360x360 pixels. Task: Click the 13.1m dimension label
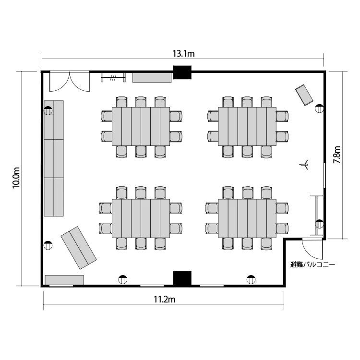[x=183, y=54]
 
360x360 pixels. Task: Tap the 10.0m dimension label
[x=16, y=178]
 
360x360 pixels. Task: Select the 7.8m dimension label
[x=336, y=155]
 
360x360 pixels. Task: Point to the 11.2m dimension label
[x=164, y=300]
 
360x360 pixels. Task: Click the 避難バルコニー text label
[x=312, y=264]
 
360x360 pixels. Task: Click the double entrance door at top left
[x=70, y=82]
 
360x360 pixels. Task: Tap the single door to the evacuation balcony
[x=312, y=249]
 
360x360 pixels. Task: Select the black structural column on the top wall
[x=182, y=72]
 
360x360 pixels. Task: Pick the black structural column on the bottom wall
[x=182, y=278]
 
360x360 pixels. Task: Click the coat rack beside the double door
[x=113, y=77]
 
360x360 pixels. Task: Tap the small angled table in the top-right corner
[x=304, y=95]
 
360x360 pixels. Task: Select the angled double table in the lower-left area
[x=79, y=248]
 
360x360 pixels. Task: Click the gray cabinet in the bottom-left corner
[x=64, y=280]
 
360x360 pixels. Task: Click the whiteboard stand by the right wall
[x=317, y=216]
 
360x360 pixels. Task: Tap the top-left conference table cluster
[x=141, y=127]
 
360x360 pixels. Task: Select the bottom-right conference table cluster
[x=247, y=218]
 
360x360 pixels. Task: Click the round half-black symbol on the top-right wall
[x=319, y=108]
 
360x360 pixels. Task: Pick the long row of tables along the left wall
[x=54, y=158]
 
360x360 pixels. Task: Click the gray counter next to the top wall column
[x=152, y=78]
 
